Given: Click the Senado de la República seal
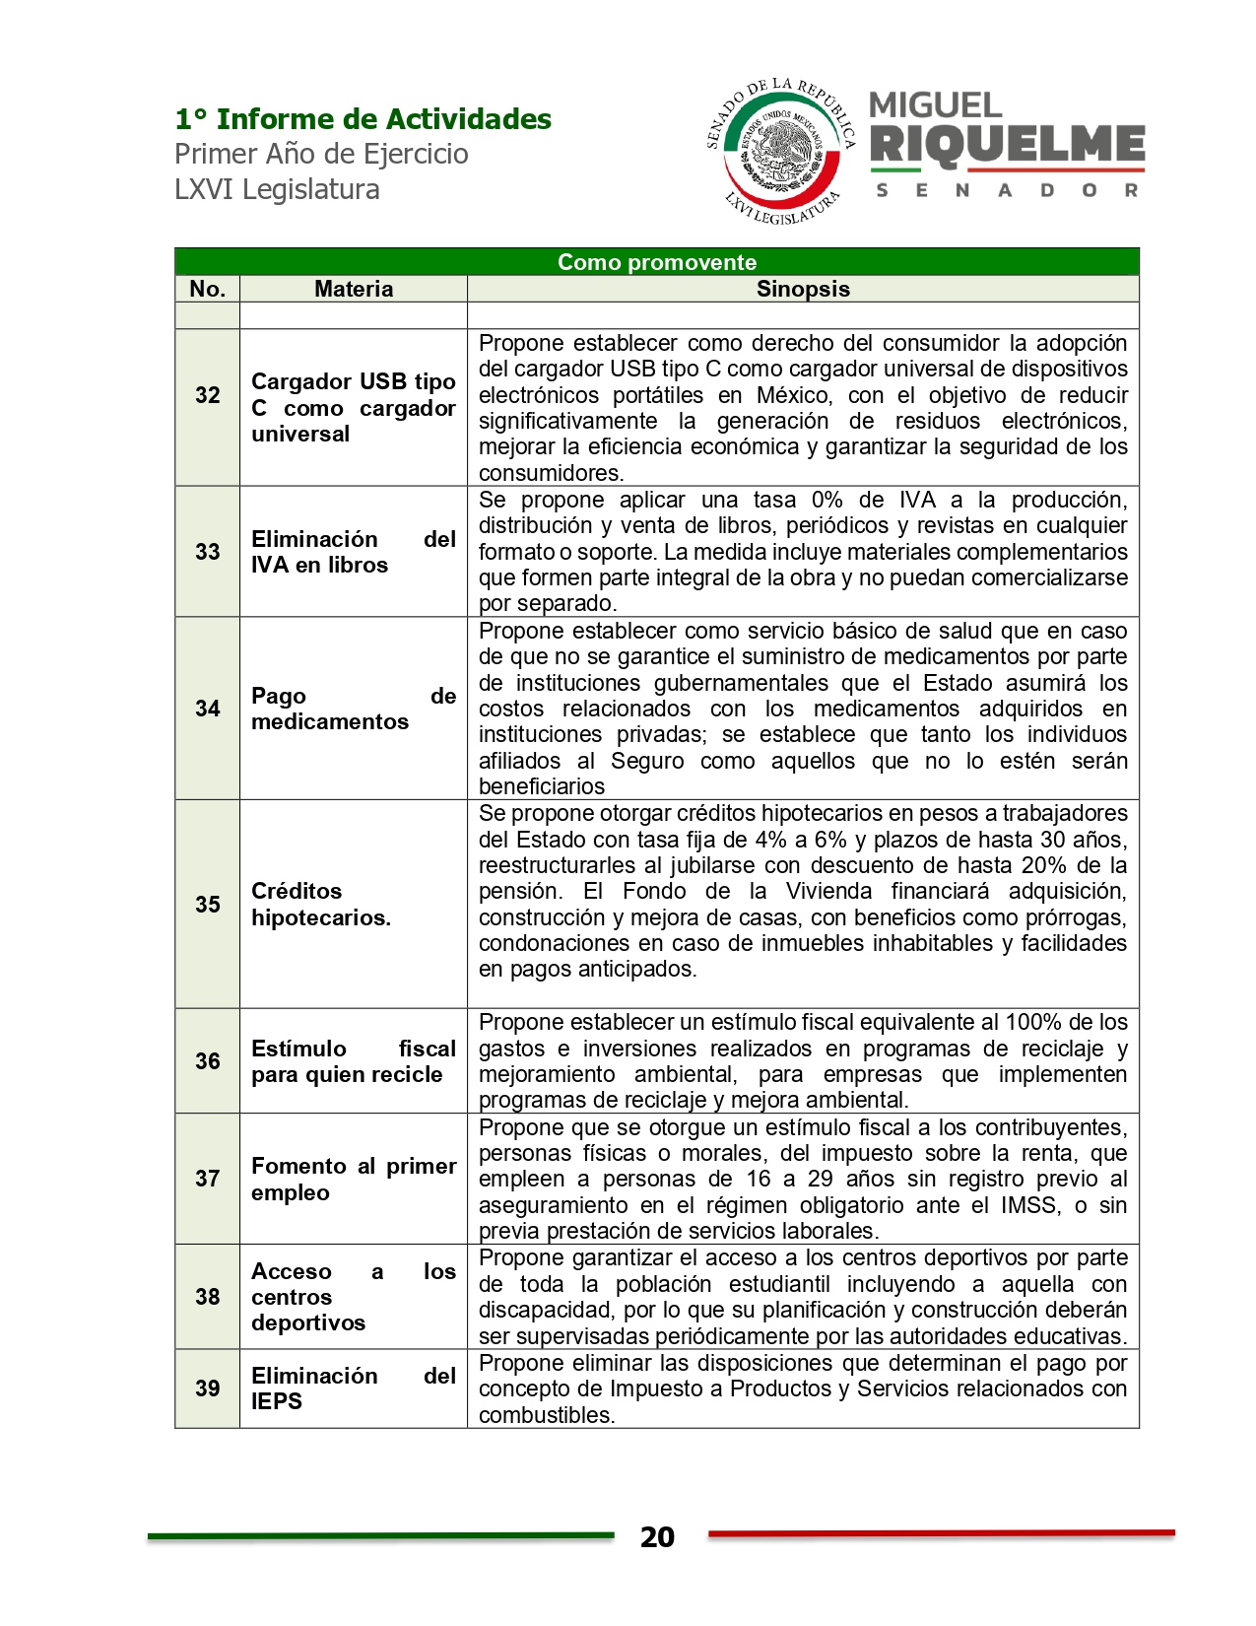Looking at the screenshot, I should (x=781, y=150).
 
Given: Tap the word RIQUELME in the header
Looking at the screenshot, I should (x=1007, y=145).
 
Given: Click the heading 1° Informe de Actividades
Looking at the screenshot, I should (x=363, y=119).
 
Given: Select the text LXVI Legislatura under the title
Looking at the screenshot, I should (x=277, y=189).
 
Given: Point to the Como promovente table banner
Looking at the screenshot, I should (x=656, y=262).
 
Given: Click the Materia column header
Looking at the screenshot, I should (x=354, y=289).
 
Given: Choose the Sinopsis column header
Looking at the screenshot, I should (x=803, y=289).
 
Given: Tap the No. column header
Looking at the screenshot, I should (x=208, y=289).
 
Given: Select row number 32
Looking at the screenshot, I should (x=208, y=395).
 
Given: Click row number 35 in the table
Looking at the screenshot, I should (x=208, y=904).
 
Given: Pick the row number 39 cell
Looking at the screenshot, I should (x=208, y=1389).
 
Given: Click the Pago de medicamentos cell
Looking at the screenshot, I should (x=353, y=709).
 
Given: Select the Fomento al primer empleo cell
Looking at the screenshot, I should (x=353, y=1179).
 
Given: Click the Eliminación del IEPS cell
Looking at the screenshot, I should (x=353, y=1389).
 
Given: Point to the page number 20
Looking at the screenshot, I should (x=657, y=1537).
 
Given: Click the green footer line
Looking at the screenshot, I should (x=380, y=1535).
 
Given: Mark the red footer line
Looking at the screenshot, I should (x=941, y=1533).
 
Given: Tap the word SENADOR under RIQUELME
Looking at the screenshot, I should (x=1007, y=190).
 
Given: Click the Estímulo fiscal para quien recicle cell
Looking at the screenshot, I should (x=353, y=1061).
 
